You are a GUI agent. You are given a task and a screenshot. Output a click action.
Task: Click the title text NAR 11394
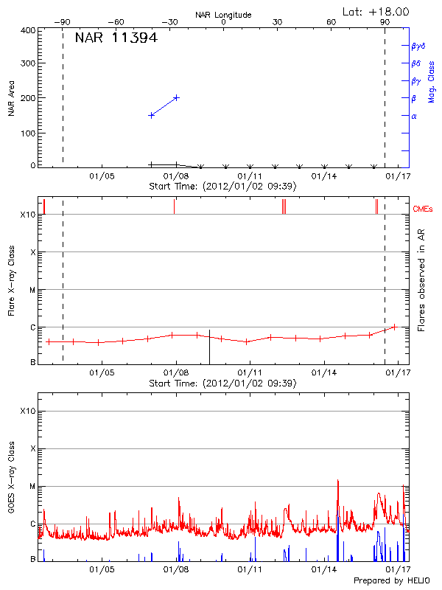(x=116, y=38)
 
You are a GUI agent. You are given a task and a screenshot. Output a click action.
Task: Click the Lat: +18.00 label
(x=376, y=12)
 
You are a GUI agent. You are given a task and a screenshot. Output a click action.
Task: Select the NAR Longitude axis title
(x=223, y=15)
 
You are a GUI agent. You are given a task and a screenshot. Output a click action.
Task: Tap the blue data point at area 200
(x=176, y=97)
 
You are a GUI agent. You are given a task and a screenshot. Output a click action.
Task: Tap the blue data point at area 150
(x=151, y=115)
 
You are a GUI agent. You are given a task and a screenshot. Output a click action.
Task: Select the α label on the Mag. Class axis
(x=414, y=116)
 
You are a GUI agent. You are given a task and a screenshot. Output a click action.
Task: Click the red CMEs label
(x=424, y=210)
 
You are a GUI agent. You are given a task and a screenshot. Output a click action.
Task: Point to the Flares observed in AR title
(x=421, y=281)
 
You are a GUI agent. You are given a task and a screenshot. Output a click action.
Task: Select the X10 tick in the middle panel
(x=28, y=215)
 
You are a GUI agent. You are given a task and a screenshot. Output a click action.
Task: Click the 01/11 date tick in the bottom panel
(x=250, y=569)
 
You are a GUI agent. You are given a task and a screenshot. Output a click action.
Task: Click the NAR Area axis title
(x=11, y=98)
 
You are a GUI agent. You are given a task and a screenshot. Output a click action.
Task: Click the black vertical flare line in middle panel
(x=209, y=347)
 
